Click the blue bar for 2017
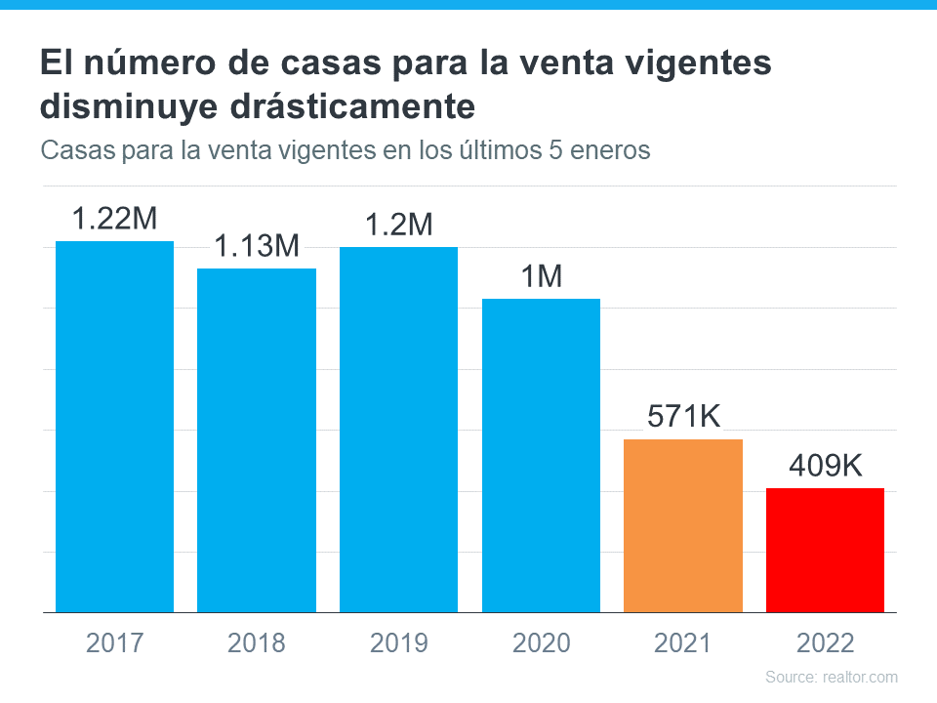click(114, 427)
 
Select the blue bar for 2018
click(257, 440)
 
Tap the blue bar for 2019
click(398, 430)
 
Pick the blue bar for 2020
click(541, 456)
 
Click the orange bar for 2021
click(683, 526)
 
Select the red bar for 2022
click(825, 551)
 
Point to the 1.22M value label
click(114, 219)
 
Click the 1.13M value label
click(257, 247)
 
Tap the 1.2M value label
click(398, 225)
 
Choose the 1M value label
click(541, 277)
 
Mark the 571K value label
click(683, 417)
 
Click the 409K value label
click(825, 467)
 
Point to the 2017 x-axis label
click(114, 643)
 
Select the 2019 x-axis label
click(398, 643)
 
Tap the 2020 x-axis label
click(541, 643)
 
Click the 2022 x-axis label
click(825, 643)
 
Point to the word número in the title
click(143, 64)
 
